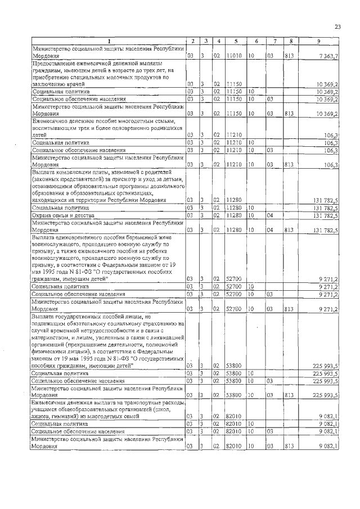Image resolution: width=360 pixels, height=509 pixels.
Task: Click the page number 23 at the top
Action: coord(337,26)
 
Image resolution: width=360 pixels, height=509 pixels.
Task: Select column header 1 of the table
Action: coord(108,41)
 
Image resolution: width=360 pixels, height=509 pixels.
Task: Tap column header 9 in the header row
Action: coord(318,41)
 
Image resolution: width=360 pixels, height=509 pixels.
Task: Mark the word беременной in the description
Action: coord(148,238)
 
